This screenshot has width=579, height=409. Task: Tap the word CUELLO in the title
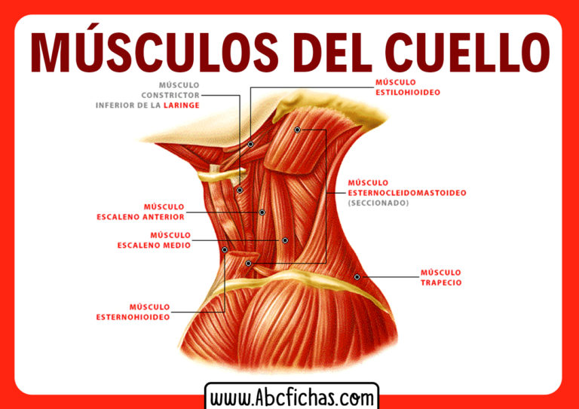467,53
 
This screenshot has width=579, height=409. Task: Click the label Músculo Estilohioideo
408,87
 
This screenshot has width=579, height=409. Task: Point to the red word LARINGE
181,105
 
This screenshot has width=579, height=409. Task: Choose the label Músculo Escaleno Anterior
140,212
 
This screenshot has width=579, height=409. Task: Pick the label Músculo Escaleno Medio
154,240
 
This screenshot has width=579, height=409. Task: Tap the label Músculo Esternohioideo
133,313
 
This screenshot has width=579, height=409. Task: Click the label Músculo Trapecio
441,278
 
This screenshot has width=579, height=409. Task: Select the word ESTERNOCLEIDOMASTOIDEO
407,193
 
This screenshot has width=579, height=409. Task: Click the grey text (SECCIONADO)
378,203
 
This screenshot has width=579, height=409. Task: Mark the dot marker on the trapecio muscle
357,277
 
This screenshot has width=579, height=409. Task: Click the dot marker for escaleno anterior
262,212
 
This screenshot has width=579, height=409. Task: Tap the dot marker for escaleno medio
285,240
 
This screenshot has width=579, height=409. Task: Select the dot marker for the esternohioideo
225,250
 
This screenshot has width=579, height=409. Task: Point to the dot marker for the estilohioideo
250,144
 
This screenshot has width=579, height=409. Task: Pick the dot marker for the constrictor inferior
240,191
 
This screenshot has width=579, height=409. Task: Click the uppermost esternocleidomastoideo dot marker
297,130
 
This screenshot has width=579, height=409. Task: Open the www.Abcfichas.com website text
292,398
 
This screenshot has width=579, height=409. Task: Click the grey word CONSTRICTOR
170,95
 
